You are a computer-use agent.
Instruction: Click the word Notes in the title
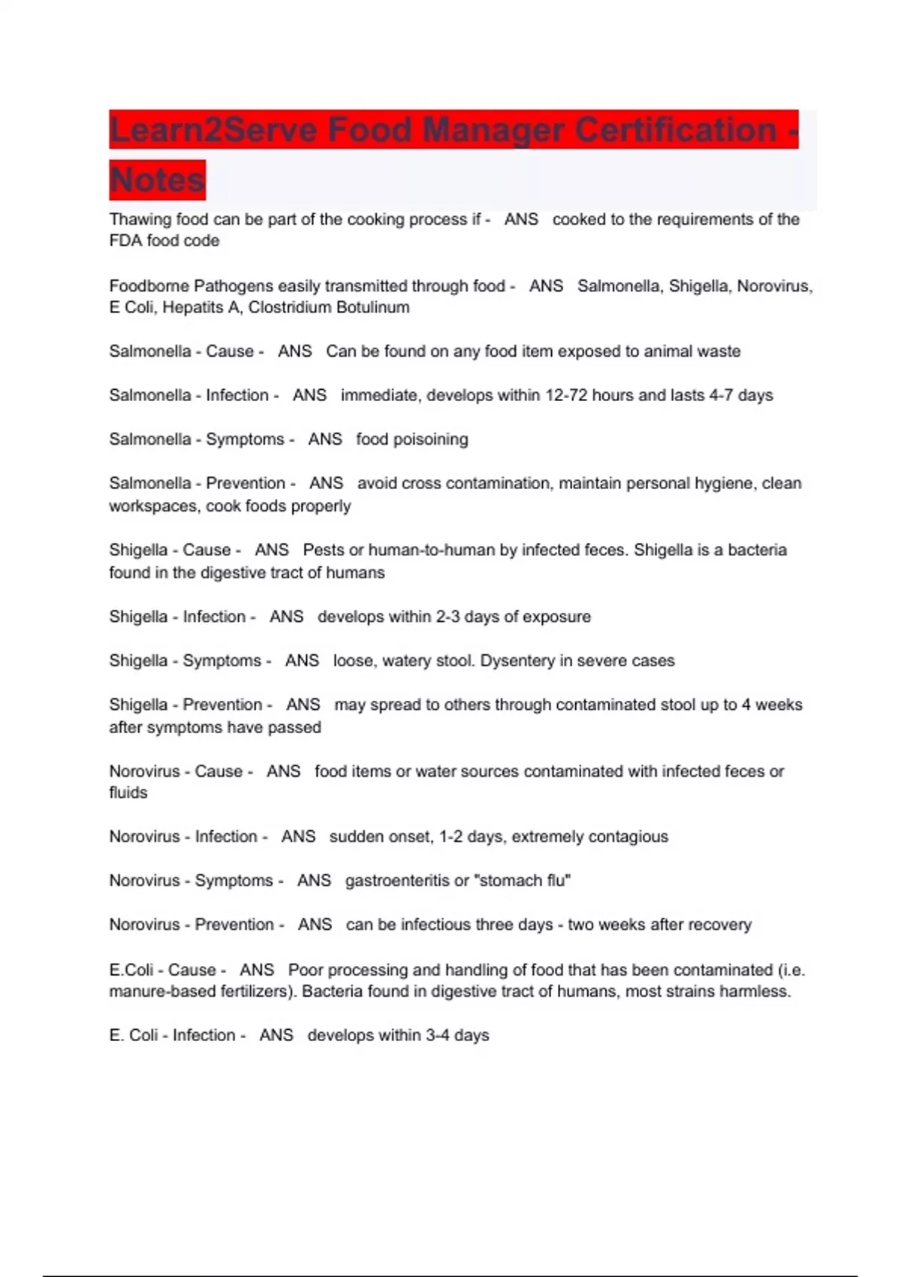click(x=157, y=180)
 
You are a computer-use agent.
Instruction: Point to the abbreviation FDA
click(x=125, y=241)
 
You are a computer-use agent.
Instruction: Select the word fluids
click(x=128, y=792)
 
